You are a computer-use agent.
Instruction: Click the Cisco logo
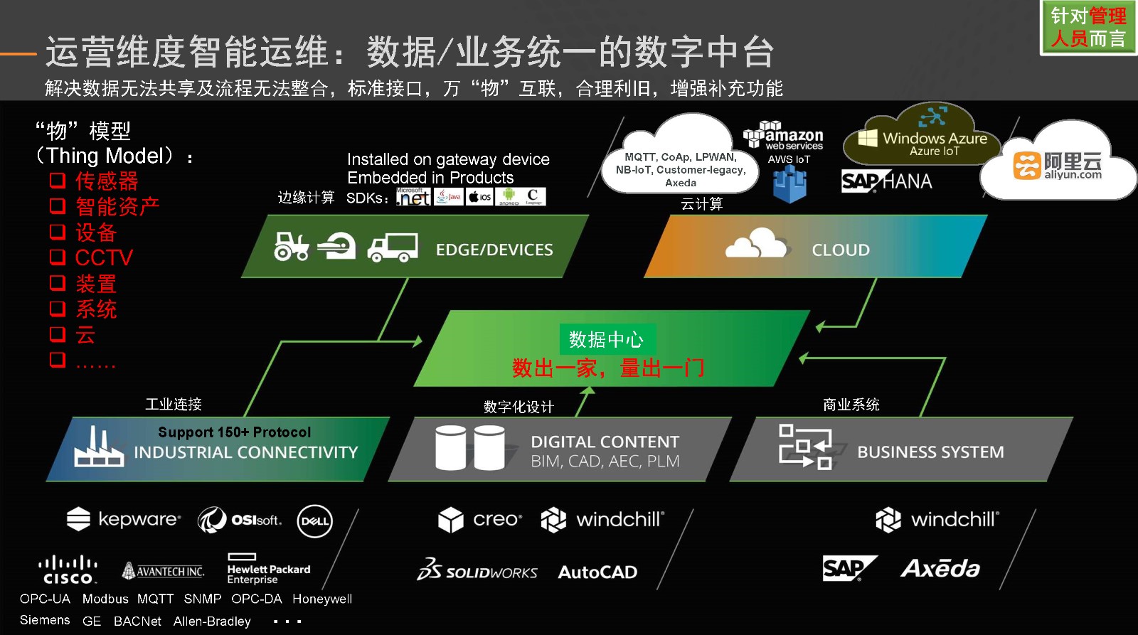pyautogui.click(x=67, y=570)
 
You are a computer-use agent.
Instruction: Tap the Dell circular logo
pyautogui.click(x=314, y=521)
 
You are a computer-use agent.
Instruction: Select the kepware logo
pyautogui.click(x=124, y=519)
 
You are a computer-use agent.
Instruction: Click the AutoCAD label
pyautogui.click(x=597, y=572)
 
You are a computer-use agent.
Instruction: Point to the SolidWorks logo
pyautogui.click(x=477, y=570)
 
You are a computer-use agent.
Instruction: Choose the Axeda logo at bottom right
pyautogui.click(x=940, y=568)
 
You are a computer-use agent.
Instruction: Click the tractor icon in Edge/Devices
pyautogui.click(x=292, y=246)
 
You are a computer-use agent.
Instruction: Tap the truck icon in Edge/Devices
pyautogui.click(x=392, y=247)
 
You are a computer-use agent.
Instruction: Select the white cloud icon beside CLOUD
pyautogui.click(x=756, y=244)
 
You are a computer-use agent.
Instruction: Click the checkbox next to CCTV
pyautogui.click(x=58, y=257)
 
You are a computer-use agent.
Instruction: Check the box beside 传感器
pyautogui.click(x=58, y=181)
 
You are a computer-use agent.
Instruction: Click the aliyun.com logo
pyautogui.click(x=1057, y=166)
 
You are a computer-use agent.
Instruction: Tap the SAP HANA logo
pyautogui.click(x=886, y=181)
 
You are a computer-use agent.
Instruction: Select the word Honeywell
pyautogui.click(x=322, y=599)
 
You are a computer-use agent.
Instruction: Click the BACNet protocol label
pyautogui.click(x=137, y=621)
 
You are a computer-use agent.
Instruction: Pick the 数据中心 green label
pyautogui.click(x=606, y=339)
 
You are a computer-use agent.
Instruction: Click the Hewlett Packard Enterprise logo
pyautogui.click(x=268, y=569)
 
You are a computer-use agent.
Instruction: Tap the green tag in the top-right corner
pyautogui.click(x=1088, y=27)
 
